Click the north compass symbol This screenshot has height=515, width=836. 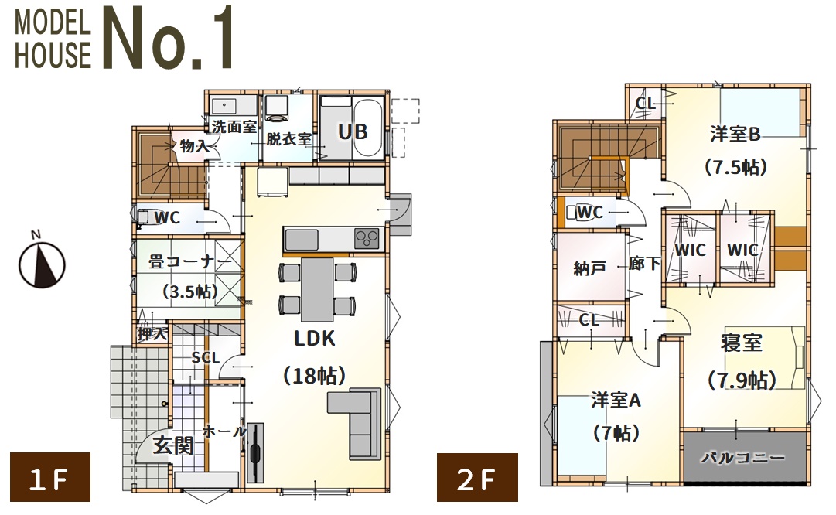[42, 262]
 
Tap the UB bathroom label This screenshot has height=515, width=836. [353, 131]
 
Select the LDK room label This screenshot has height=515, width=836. [315, 338]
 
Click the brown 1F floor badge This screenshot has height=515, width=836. [50, 477]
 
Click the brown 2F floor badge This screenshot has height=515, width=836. [477, 477]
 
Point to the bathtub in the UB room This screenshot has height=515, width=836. [368, 127]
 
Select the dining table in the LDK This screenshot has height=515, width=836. [318, 289]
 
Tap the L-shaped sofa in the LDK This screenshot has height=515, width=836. [355, 423]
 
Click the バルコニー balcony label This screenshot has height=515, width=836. [742, 458]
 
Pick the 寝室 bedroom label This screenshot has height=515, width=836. [742, 343]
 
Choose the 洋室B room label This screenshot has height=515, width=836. [735, 134]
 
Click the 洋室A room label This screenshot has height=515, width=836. [616, 400]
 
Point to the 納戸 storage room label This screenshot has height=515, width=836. [589, 268]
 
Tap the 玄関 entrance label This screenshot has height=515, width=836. [173, 445]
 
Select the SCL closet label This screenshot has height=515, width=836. [206, 357]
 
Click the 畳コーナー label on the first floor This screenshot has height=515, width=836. [190, 262]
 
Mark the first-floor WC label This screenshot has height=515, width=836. [167, 217]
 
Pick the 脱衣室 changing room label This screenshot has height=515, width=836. [289, 139]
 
